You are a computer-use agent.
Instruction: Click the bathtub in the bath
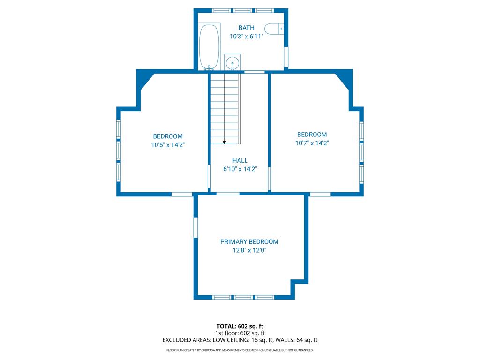click(x=210, y=46)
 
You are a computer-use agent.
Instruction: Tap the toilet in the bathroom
click(x=274, y=29)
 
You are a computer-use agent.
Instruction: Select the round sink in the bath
click(x=232, y=62)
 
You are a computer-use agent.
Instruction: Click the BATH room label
click(x=247, y=28)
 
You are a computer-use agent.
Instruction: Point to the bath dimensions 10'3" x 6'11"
click(x=247, y=37)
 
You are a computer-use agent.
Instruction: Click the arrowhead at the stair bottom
click(x=225, y=142)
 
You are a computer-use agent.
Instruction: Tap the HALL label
click(x=240, y=160)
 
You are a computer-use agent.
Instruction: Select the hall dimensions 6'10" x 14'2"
click(x=240, y=169)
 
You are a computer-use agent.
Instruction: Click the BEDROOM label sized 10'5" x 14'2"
click(x=168, y=136)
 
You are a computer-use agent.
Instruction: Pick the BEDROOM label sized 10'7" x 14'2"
click(x=312, y=135)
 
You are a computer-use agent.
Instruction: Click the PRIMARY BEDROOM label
click(x=249, y=242)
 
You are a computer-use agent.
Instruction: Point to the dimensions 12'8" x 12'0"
click(x=249, y=250)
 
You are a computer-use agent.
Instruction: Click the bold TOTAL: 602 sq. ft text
click(x=240, y=326)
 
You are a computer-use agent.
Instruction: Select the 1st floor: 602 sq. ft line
click(x=240, y=333)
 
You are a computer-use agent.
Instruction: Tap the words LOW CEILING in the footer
click(x=231, y=340)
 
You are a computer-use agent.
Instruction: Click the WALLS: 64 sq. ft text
click(x=296, y=340)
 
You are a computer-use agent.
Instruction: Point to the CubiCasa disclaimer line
click(x=240, y=350)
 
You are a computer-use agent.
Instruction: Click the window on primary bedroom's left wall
click(x=195, y=227)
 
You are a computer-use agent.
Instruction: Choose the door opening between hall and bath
click(x=254, y=72)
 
